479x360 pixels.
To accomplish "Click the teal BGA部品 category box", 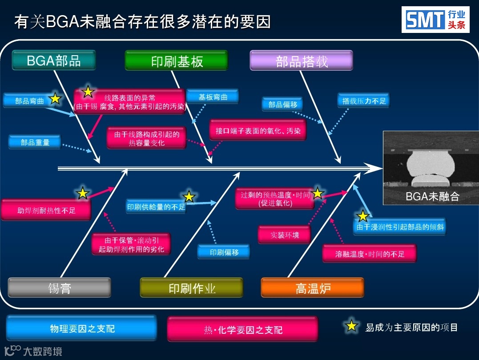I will (54, 61).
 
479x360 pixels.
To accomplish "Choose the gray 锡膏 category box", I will (59, 287).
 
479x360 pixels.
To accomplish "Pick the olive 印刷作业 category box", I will (192, 287).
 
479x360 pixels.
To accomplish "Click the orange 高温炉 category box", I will (313, 287).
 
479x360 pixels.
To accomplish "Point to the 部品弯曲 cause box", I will (29, 101).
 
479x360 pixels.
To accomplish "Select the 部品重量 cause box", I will (35, 142).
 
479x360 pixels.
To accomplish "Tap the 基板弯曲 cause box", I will (212, 97).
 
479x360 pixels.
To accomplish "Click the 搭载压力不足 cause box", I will (363, 101).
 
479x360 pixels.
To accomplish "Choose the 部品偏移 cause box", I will (282, 105).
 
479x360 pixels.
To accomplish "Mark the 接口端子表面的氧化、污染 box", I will (258, 131).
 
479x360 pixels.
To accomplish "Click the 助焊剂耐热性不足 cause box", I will (46, 210).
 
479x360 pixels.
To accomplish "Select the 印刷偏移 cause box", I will (224, 252).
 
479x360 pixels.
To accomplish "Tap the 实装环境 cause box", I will (285, 235).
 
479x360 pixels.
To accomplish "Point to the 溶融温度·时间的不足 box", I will (370, 254).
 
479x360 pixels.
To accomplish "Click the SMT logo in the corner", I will (435, 20).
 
